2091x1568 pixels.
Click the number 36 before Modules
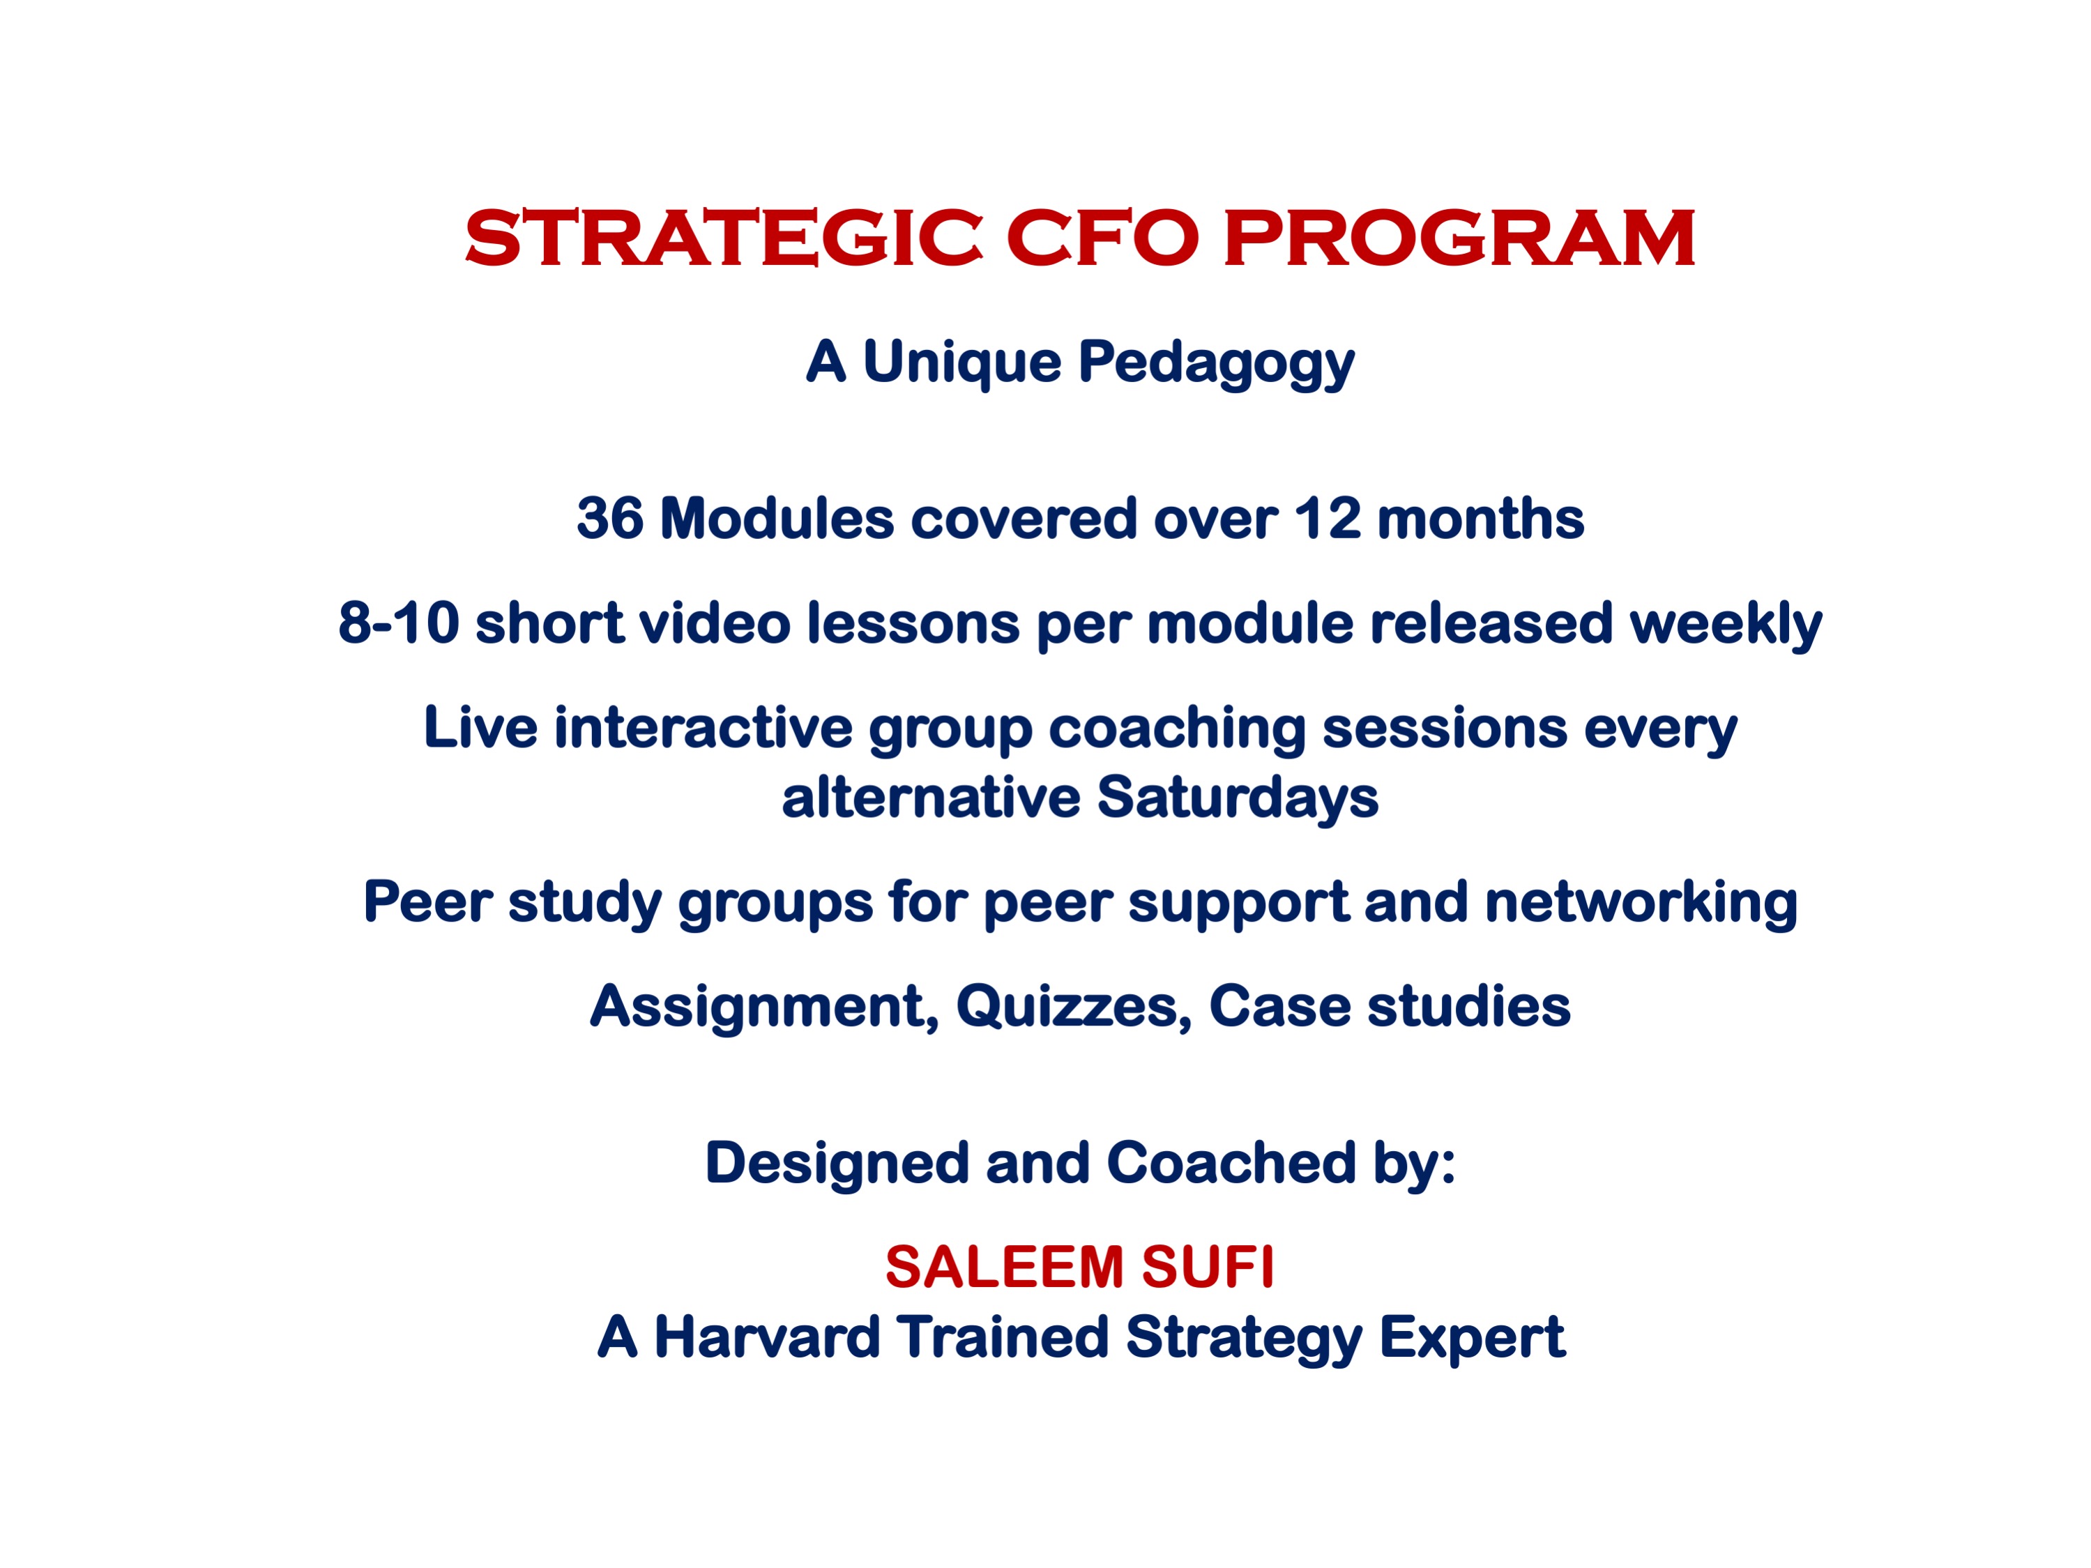(x=609, y=519)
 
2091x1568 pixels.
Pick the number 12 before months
(x=1328, y=519)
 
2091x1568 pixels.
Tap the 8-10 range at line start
(x=398, y=624)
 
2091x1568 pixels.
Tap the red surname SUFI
(x=1208, y=1268)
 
